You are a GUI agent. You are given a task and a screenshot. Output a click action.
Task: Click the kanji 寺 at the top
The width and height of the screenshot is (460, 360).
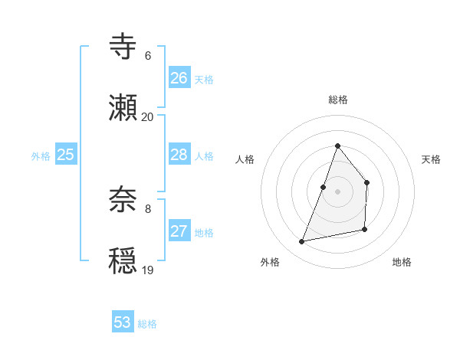tap(123, 46)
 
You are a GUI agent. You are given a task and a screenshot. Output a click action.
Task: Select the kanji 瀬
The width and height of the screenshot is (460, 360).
tap(123, 107)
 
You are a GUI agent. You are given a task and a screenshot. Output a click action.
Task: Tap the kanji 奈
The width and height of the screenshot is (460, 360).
tap(123, 199)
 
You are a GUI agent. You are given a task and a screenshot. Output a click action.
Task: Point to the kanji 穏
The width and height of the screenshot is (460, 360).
tap(123, 260)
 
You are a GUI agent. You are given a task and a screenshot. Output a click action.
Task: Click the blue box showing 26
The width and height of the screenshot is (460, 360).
tap(179, 77)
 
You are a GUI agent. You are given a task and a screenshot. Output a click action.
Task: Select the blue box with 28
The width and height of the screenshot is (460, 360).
tap(179, 155)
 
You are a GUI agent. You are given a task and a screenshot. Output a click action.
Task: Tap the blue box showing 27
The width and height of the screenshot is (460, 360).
tap(179, 231)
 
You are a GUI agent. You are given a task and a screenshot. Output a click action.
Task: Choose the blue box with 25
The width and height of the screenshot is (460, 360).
tap(66, 155)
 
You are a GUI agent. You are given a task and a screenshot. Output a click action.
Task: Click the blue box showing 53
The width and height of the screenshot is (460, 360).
tap(123, 322)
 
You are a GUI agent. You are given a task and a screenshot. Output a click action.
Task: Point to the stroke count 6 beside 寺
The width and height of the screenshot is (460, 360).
tap(148, 56)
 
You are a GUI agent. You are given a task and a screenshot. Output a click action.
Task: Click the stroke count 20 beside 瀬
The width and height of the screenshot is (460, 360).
tap(148, 117)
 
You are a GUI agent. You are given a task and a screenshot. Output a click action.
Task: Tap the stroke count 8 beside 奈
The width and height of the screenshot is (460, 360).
tap(148, 209)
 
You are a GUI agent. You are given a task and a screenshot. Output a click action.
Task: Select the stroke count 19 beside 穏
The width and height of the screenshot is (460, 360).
tap(148, 270)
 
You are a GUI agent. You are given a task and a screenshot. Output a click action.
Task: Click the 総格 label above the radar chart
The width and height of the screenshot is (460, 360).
tap(338, 100)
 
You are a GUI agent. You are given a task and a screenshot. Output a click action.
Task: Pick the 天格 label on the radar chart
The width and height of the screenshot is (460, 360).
tap(432, 159)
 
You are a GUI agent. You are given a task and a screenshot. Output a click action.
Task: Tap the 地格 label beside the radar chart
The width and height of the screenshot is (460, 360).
tap(402, 262)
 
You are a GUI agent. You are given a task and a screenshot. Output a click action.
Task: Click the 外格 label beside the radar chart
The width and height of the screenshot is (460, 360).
tap(270, 262)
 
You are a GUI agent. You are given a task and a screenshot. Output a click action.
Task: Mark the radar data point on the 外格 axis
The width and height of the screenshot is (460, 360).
tap(302, 242)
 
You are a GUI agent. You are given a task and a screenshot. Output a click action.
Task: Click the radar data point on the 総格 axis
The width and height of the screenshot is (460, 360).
tap(337, 146)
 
